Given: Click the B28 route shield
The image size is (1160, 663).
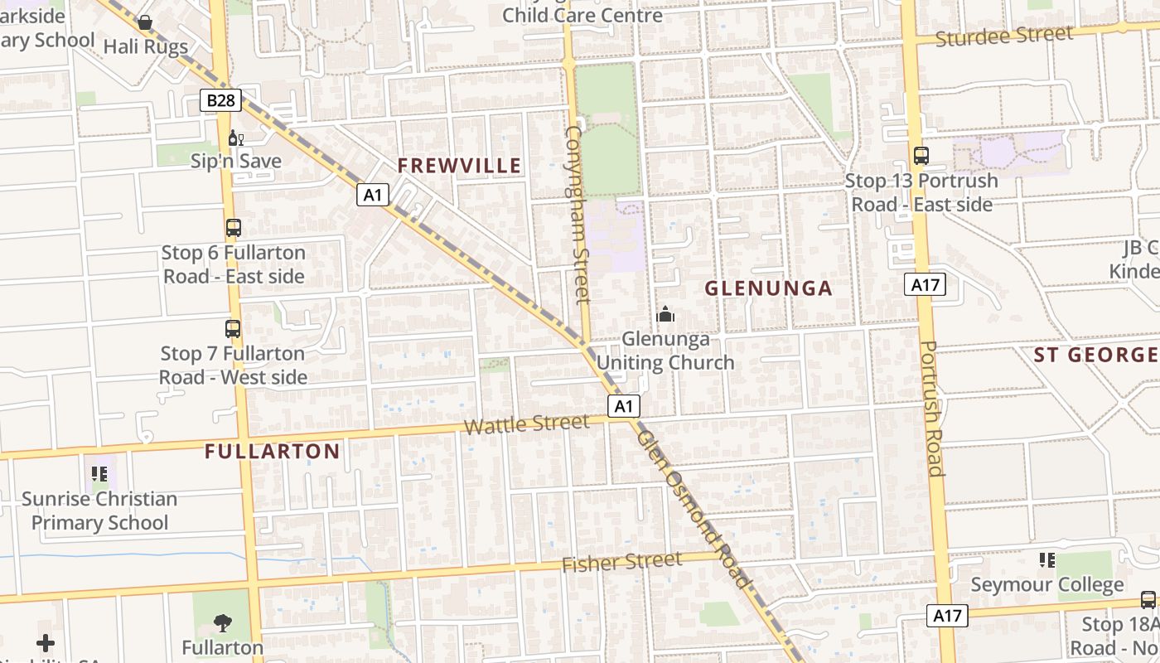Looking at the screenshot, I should [221, 101].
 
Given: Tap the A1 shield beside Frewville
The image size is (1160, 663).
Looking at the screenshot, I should [374, 195].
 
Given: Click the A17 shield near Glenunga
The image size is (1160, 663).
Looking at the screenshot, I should [925, 285].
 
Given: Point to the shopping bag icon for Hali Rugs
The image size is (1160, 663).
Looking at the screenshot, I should [145, 22].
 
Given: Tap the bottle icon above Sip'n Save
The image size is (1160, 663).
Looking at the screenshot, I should [234, 138].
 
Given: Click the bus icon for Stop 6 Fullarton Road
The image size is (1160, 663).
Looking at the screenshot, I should [234, 228].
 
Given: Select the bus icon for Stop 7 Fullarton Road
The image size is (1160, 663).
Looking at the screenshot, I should [233, 328].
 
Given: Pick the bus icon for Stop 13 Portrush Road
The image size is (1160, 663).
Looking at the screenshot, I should [921, 156].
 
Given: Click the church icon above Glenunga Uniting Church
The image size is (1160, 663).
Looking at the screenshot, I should [665, 314].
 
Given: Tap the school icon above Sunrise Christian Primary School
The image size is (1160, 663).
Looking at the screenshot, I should [99, 474].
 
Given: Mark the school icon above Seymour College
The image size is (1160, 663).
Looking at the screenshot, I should [1046, 560].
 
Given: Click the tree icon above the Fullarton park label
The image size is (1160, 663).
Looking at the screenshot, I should [222, 622].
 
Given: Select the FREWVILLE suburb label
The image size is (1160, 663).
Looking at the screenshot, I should [460, 166].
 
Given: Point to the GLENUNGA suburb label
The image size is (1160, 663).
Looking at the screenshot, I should [768, 288].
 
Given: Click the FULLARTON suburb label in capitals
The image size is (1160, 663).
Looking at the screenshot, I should [272, 452].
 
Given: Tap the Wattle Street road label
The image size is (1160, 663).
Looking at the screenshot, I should [527, 424].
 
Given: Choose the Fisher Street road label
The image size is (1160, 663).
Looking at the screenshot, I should [622, 563].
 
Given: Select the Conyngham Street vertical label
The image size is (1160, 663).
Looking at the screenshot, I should [577, 214].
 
